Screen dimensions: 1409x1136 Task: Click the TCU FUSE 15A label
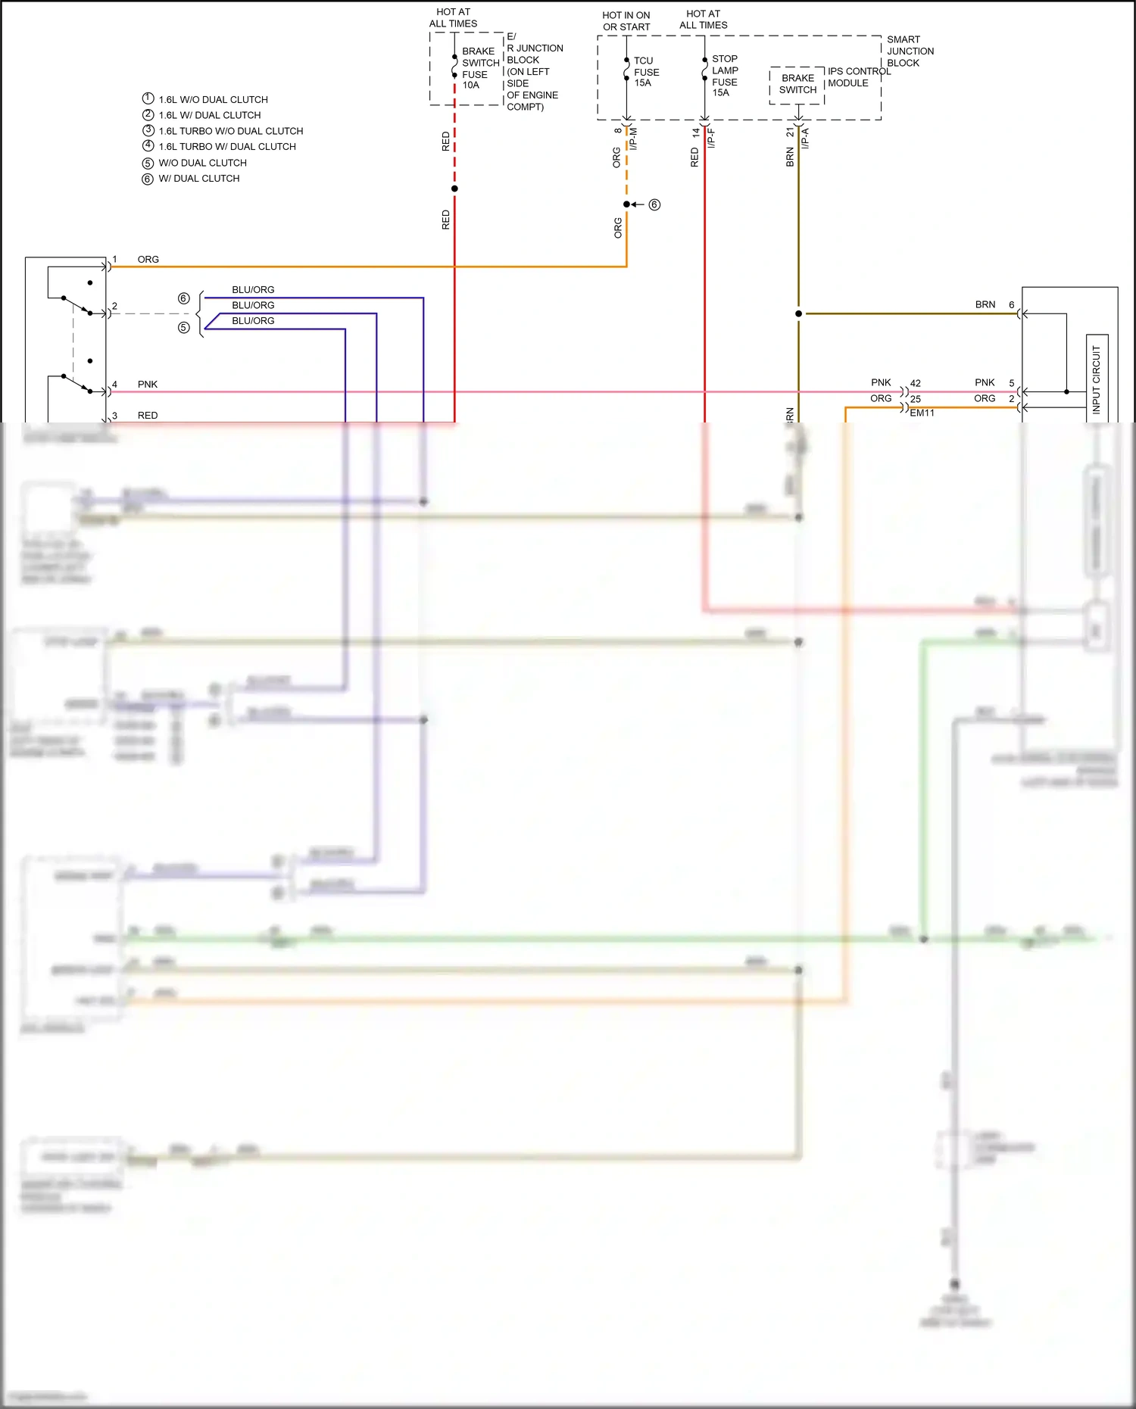pyautogui.click(x=646, y=72)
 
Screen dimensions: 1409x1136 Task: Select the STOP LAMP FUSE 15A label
pyautogui.click(x=724, y=76)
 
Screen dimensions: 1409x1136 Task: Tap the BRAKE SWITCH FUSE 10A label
pyautogui.click(x=479, y=68)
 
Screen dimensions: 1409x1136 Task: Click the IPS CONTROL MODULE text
pyautogui.click(x=857, y=77)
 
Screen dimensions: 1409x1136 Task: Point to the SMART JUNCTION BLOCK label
pyautogui.click(x=910, y=51)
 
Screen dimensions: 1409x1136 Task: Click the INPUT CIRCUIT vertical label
pyautogui.click(x=1096, y=379)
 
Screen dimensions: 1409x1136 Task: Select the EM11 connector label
pyautogui.click(x=922, y=413)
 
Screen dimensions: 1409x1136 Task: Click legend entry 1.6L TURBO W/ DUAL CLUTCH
pyautogui.click(x=227, y=147)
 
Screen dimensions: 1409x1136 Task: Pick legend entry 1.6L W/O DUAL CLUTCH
pyautogui.click(x=213, y=100)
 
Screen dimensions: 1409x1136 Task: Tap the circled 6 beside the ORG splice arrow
pyautogui.click(x=654, y=204)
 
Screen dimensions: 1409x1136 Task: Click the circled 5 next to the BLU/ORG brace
pyautogui.click(x=183, y=328)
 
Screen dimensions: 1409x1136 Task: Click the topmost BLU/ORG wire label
pyautogui.click(x=253, y=290)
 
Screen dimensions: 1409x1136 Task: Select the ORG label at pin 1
pyautogui.click(x=148, y=260)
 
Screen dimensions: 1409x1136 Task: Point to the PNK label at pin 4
pyautogui.click(x=148, y=385)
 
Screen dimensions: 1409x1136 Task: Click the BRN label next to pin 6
pyautogui.click(x=985, y=305)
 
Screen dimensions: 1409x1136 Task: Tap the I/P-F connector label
pyautogui.click(x=711, y=138)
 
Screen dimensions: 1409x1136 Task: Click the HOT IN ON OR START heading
pyautogui.click(x=626, y=21)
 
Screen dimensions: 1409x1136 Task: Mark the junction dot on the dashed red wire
pyautogui.click(x=454, y=189)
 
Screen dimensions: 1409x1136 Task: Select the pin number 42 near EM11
pyautogui.click(x=916, y=384)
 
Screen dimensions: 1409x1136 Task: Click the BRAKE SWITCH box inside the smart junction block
pyautogui.click(x=797, y=84)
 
